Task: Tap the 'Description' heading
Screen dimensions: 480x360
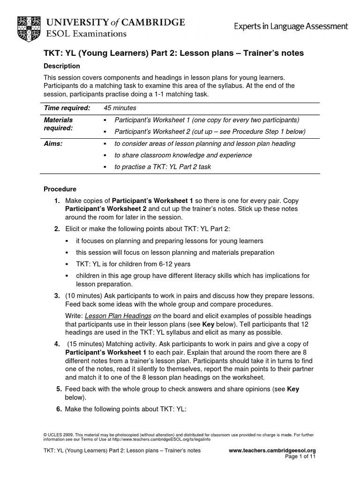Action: [x=62, y=66]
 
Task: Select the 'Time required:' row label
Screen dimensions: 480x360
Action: [x=67, y=108]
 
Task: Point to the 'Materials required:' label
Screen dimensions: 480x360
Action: [x=59, y=124]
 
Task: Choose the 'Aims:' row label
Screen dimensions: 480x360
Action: [x=53, y=144]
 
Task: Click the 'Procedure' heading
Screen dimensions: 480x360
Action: [x=60, y=189]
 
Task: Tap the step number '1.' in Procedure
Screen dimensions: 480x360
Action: [x=57, y=201]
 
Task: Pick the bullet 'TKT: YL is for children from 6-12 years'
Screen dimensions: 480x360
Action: [x=133, y=264]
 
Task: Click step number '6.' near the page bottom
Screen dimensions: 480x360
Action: [x=59, y=409]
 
